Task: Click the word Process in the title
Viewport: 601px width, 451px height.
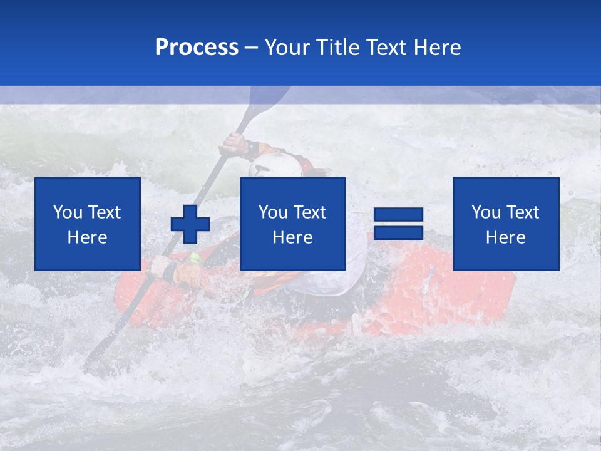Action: [x=197, y=48]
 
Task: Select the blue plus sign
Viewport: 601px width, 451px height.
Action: [x=190, y=224]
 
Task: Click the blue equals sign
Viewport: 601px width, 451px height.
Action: [x=398, y=224]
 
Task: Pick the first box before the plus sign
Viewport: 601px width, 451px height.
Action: [x=88, y=224]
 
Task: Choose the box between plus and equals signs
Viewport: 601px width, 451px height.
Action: [x=293, y=224]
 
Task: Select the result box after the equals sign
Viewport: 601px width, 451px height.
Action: [x=506, y=224]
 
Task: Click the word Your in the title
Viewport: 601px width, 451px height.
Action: [x=288, y=48]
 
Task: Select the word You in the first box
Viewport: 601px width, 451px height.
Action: [x=68, y=212]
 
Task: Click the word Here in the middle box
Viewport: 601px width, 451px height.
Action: [x=293, y=237]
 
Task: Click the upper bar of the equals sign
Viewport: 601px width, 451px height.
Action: [x=398, y=215]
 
